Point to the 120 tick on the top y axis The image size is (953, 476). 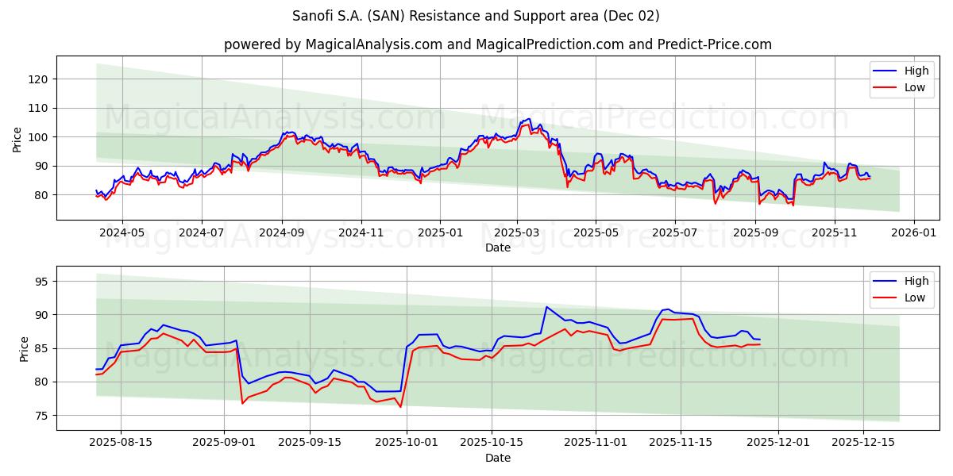(x=39, y=79)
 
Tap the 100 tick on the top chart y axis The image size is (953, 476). (x=39, y=137)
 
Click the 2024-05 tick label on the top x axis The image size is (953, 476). (x=123, y=233)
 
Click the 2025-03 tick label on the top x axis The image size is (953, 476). (x=517, y=233)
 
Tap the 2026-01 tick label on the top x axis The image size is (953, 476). (x=913, y=233)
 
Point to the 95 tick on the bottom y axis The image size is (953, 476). (x=42, y=282)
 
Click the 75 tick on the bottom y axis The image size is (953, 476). (x=42, y=416)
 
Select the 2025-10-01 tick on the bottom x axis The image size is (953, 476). (x=407, y=443)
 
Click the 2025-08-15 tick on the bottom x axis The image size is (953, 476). (x=121, y=443)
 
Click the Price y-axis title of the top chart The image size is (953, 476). (x=17, y=138)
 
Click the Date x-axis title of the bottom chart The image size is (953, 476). (x=497, y=458)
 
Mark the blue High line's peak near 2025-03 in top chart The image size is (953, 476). (x=528, y=119)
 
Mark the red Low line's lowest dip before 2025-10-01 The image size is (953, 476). (x=400, y=407)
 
